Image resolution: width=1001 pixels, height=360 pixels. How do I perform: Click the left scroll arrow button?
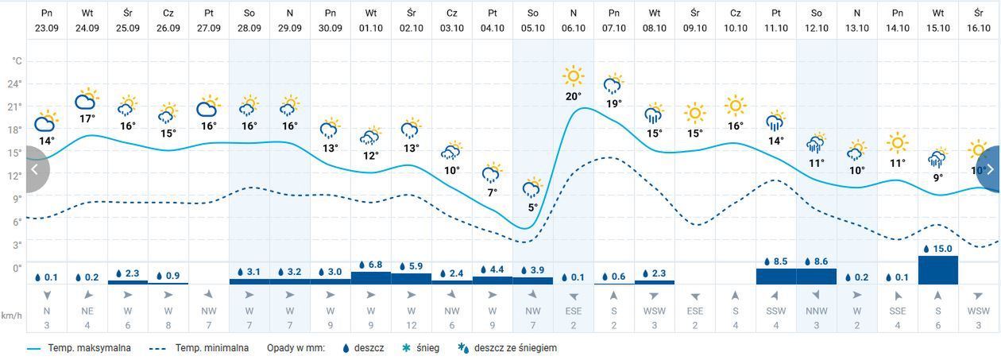click(34, 169)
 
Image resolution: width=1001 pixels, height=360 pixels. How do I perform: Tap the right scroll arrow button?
click(990, 169)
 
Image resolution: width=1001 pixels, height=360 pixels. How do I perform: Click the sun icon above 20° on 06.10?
click(573, 77)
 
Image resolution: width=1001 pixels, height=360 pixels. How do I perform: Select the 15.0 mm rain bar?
click(937, 269)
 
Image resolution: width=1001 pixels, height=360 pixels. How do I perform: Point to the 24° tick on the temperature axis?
click(15, 84)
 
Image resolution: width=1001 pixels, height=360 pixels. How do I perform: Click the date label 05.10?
click(532, 28)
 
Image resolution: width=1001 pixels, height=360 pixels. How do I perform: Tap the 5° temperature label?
click(532, 207)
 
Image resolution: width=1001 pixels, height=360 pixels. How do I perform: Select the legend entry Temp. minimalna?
click(211, 348)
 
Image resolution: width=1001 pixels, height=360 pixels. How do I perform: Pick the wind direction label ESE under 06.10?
click(573, 312)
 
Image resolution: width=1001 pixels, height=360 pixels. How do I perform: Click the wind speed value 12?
click(411, 325)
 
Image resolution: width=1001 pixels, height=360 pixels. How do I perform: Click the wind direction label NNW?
click(816, 312)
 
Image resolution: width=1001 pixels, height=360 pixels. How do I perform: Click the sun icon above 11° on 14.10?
click(897, 144)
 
